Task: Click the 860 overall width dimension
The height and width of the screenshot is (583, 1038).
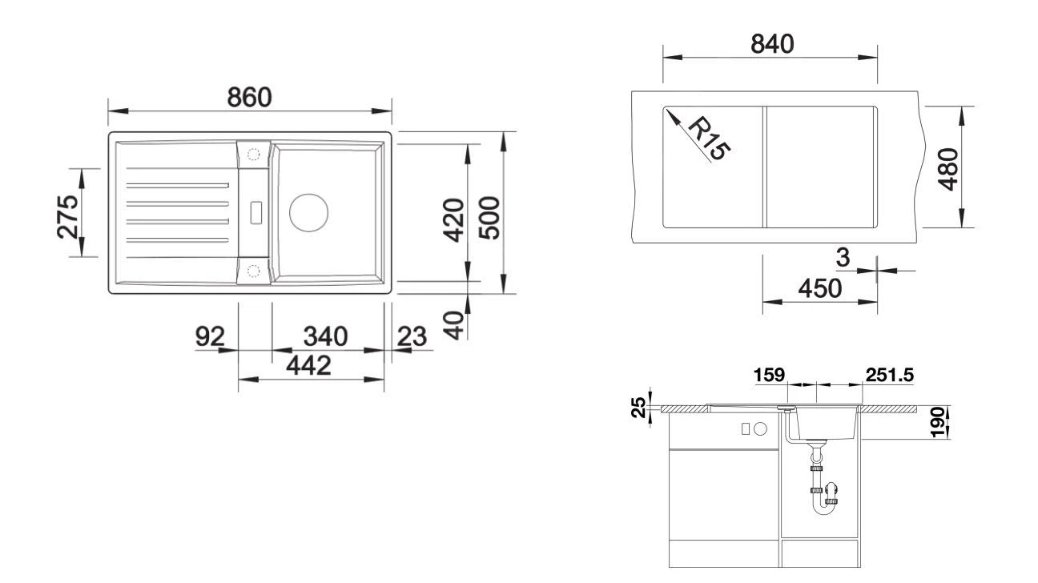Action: coord(249,97)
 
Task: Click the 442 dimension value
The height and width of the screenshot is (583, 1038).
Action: coord(308,366)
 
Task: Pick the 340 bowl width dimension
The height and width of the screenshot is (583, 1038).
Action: coord(325,337)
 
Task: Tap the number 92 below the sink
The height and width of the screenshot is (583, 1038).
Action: coord(211,337)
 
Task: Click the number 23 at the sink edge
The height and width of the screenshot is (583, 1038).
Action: coord(412,337)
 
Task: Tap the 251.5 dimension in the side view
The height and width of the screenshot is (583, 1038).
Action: coord(889,374)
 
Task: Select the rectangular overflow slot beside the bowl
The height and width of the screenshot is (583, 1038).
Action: coord(255,211)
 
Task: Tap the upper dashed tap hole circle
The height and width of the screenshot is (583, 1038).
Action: coord(255,154)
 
